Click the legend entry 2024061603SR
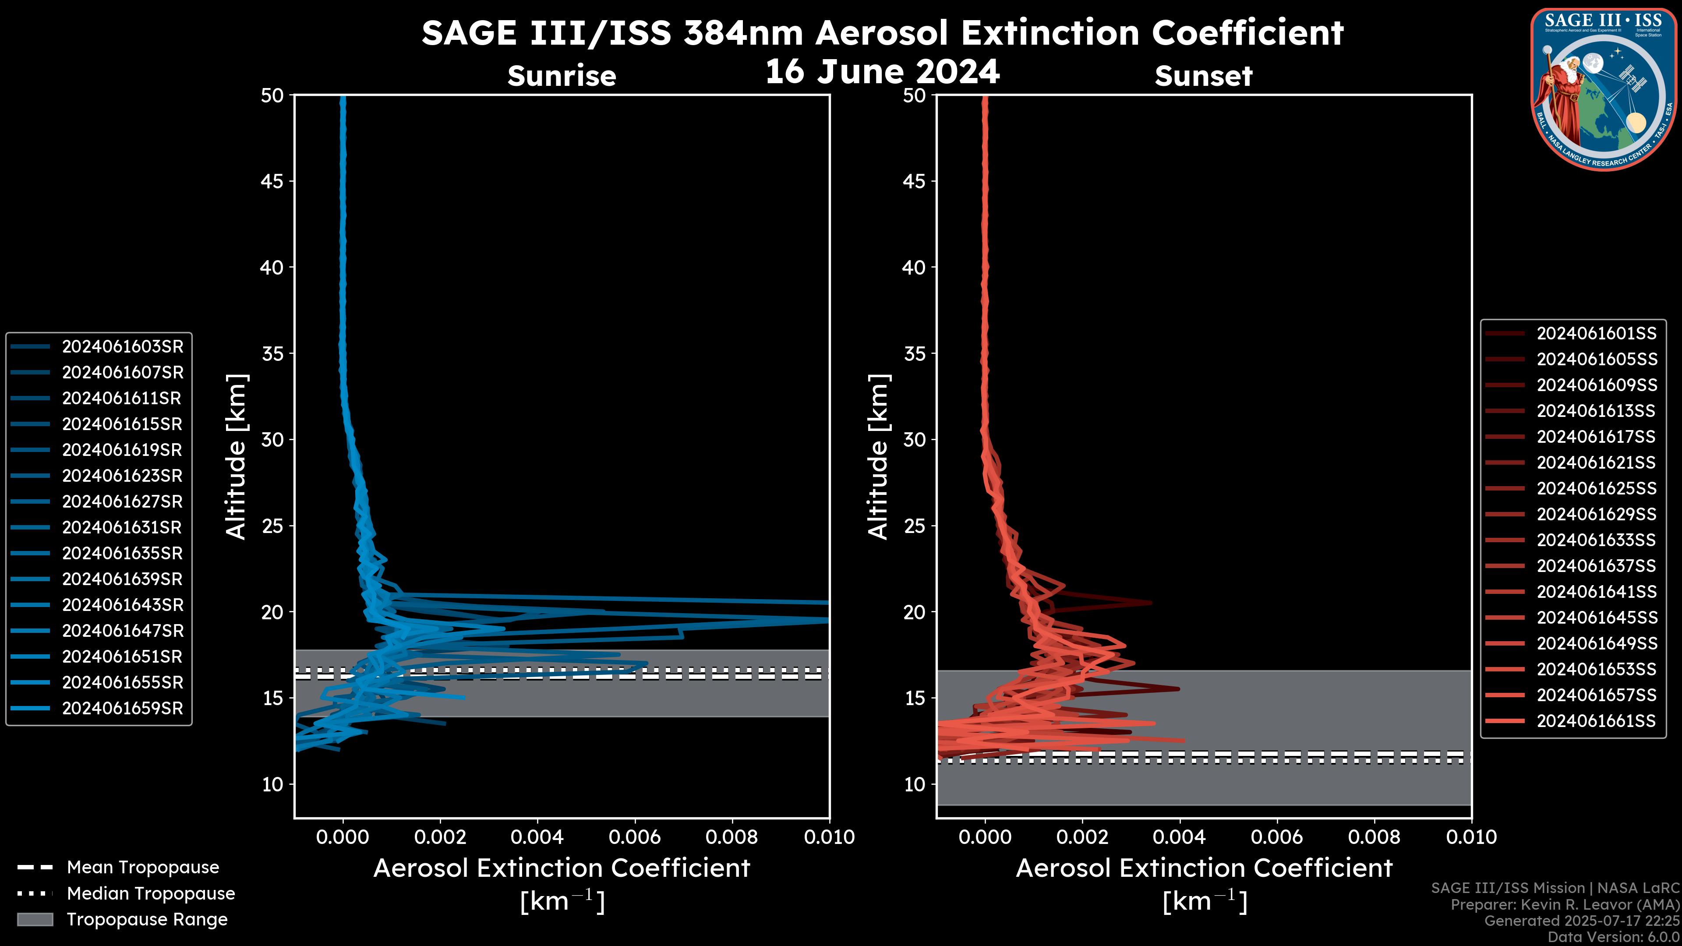[x=122, y=347]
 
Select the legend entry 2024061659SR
[x=122, y=708]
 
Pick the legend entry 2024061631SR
[x=122, y=527]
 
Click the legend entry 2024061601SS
[x=1596, y=334]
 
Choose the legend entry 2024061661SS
[x=1596, y=721]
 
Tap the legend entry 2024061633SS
[x=1596, y=540]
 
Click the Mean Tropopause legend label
[x=142, y=868]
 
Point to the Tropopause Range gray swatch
[x=35, y=919]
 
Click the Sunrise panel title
[x=562, y=76]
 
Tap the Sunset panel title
[x=1203, y=76]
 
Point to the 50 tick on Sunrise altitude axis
[x=272, y=95]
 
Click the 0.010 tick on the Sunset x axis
[x=1471, y=837]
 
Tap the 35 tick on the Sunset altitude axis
[x=915, y=354]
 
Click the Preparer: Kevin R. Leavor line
[x=1565, y=905]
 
